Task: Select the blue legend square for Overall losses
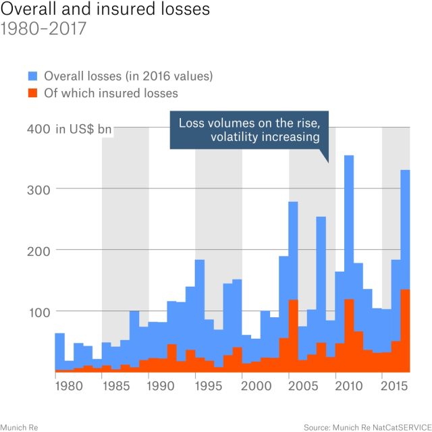pyautogui.click(x=33, y=74)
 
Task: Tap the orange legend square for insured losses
pyautogui.click(x=33, y=92)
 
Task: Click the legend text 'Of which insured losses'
pyautogui.click(x=111, y=92)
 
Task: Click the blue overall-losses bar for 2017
pyautogui.click(x=405, y=230)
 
